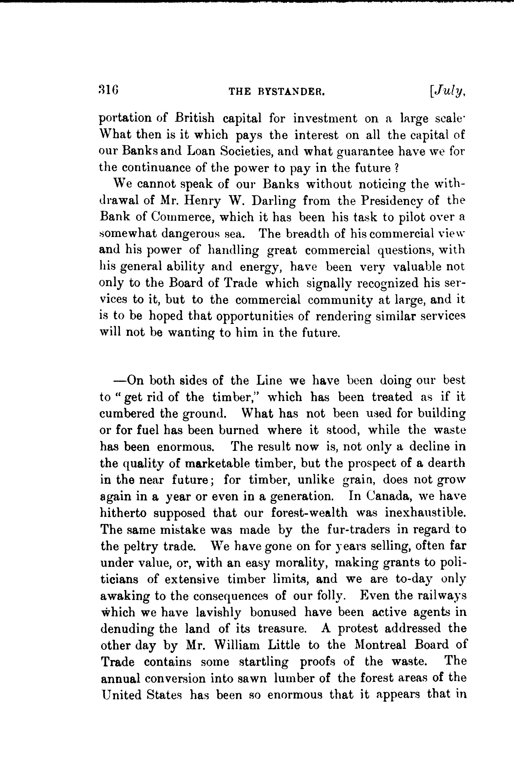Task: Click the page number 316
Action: pyautogui.click(x=109, y=89)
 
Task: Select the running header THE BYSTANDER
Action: pyautogui.click(x=277, y=92)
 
